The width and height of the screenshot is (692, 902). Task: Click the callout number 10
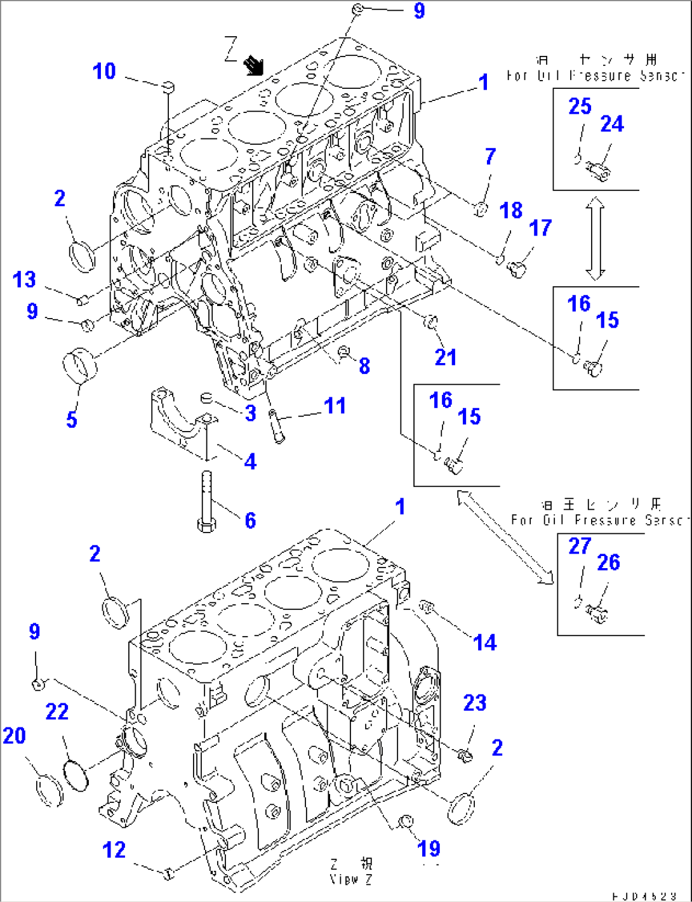pyautogui.click(x=105, y=71)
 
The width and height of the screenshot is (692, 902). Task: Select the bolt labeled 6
pyautogui.click(x=206, y=501)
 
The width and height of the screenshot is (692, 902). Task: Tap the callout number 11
pyautogui.click(x=335, y=406)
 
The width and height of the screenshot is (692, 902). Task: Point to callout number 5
pyautogui.click(x=72, y=419)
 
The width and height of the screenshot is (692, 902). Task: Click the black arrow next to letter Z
pyautogui.click(x=254, y=64)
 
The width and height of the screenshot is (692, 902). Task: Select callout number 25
pyautogui.click(x=579, y=106)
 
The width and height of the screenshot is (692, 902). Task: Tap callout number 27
pyautogui.click(x=579, y=546)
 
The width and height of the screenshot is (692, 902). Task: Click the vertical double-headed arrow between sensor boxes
pyautogui.click(x=595, y=239)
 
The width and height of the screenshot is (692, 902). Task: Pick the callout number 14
pyautogui.click(x=484, y=642)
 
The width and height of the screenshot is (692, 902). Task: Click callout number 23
pyautogui.click(x=474, y=703)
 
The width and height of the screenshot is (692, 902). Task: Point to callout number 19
pyautogui.click(x=429, y=848)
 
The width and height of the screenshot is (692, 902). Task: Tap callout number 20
pyautogui.click(x=15, y=736)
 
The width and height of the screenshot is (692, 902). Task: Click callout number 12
pyautogui.click(x=114, y=850)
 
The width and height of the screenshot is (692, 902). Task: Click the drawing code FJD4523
pyautogui.click(x=644, y=896)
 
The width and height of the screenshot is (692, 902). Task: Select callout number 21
pyautogui.click(x=445, y=357)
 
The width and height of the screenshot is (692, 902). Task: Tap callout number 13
pyautogui.click(x=25, y=279)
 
